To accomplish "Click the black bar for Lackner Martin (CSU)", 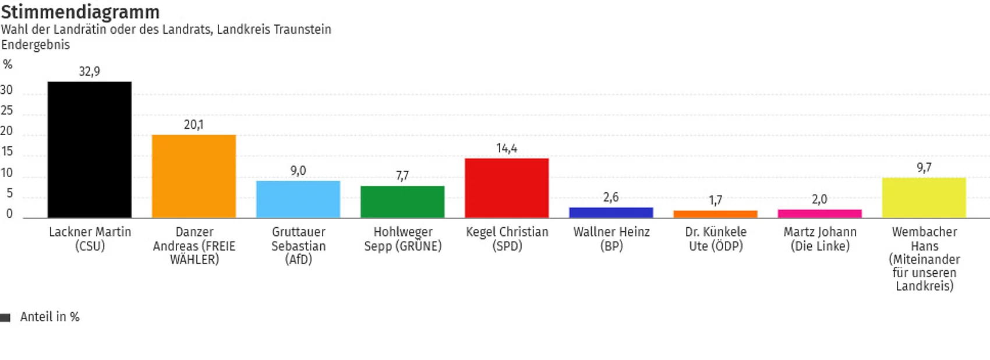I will tap(89, 150).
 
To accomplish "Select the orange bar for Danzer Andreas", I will tap(194, 177).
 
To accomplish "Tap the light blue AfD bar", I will tap(298, 199).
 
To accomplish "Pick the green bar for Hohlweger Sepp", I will tap(402, 202).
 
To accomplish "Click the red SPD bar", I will tap(507, 188).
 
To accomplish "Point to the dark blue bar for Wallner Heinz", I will tap(611, 213).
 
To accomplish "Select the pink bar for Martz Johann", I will tap(819, 214).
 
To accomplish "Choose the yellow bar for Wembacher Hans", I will tap(924, 198).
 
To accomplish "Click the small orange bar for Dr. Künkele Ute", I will tap(715, 214).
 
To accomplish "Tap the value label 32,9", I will tap(89, 72).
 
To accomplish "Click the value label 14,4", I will tap(507, 149).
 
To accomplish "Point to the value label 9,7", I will tap(924, 168).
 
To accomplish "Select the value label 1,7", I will tap(715, 201).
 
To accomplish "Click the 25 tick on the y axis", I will tap(7, 111).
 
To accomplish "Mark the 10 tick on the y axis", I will tap(7, 173).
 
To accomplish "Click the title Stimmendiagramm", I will tap(80, 12).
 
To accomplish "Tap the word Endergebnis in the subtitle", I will tap(36, 45).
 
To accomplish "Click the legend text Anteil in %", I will tap(49, 317).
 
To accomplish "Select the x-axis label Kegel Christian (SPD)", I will tap(507, 239).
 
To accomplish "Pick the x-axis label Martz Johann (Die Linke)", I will tap(820, 239).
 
